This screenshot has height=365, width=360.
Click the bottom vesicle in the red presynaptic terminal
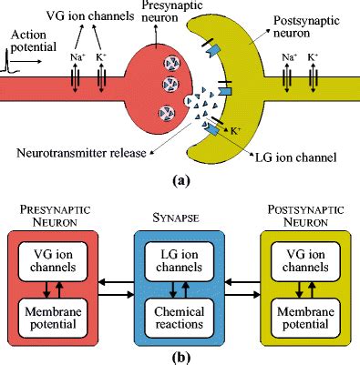point(166,114)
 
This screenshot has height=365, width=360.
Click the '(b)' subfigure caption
point(180,356)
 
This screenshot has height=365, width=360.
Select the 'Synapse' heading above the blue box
point(179,218)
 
